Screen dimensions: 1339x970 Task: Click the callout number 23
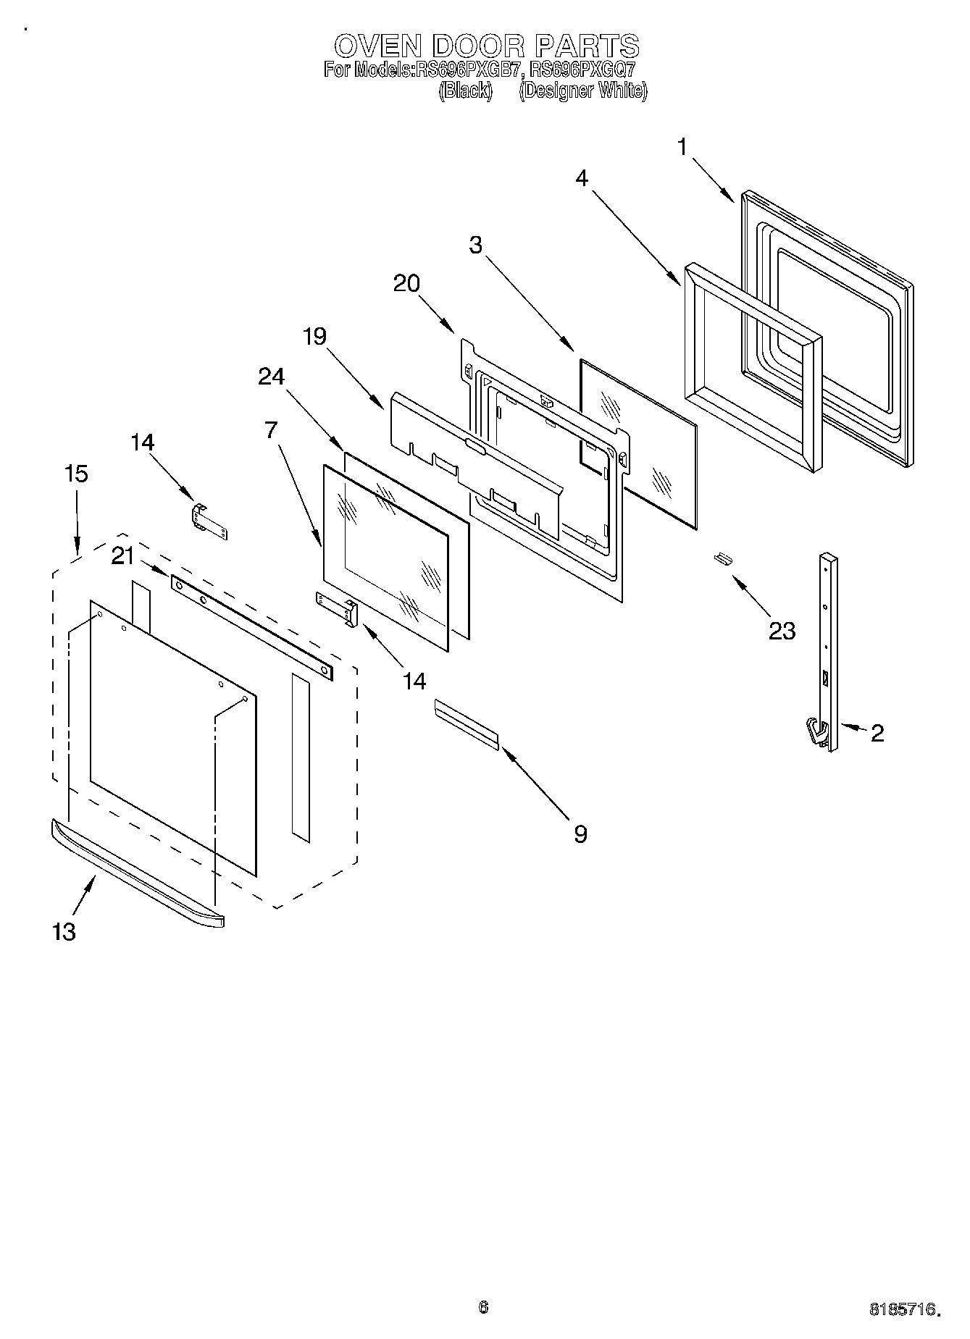tap(782, 631)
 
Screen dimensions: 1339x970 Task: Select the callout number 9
tap(580, 834)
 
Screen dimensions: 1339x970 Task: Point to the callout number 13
tap(64, 931)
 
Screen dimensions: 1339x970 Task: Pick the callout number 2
tap(877, 733)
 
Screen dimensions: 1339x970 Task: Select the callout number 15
tap(76, 474)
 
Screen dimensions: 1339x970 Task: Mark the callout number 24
tap(271, 377)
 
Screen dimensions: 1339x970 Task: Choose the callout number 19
tap(314, 336)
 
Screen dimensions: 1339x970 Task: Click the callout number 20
tap(406, 283)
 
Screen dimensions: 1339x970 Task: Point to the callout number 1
tap(682, 147)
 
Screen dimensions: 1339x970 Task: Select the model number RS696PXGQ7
tap(582, 70)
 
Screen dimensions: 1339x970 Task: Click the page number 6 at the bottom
tap(483, 1307)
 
